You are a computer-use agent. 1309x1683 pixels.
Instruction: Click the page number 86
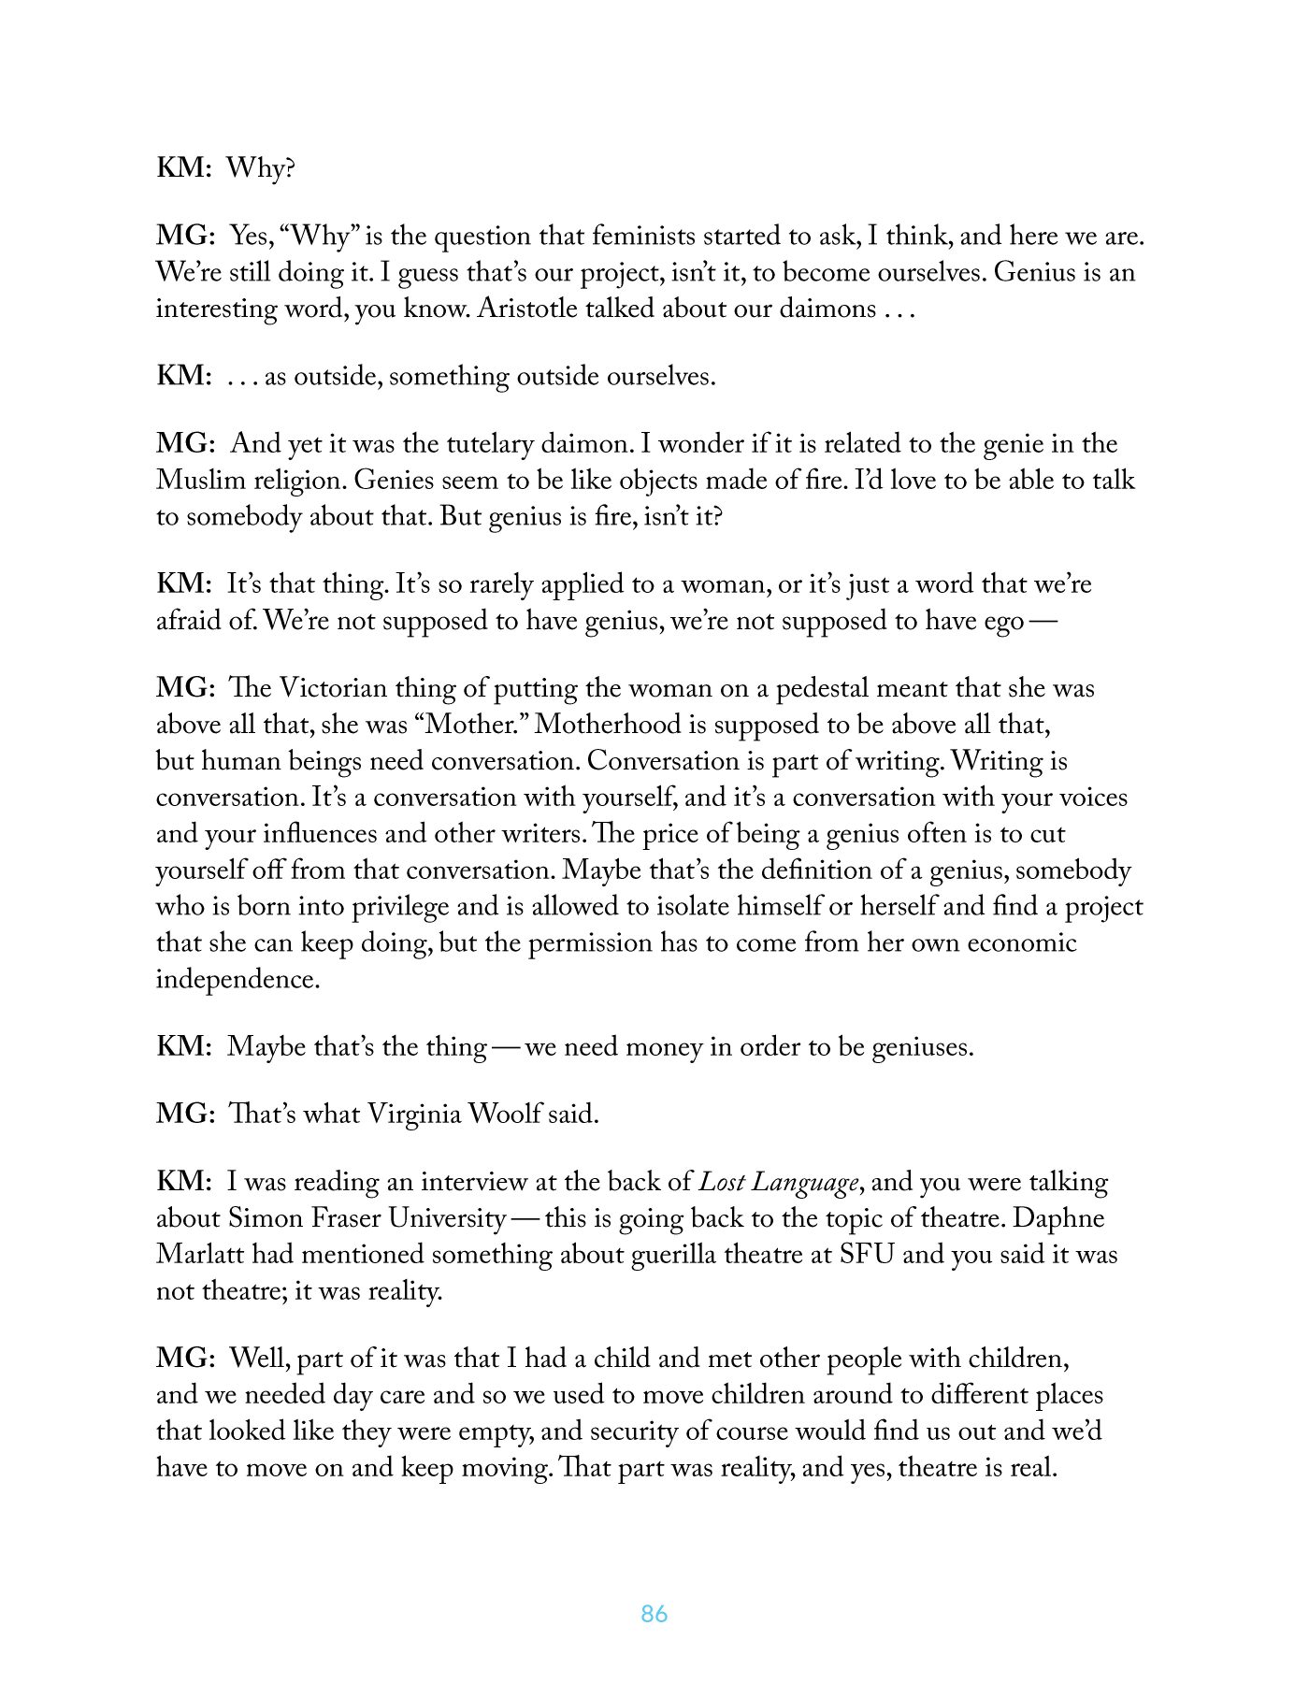tap(654, 1613)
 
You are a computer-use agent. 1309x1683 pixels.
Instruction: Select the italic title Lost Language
tap(779, 1183)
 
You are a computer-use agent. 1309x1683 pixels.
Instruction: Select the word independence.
tap(237, 980)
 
